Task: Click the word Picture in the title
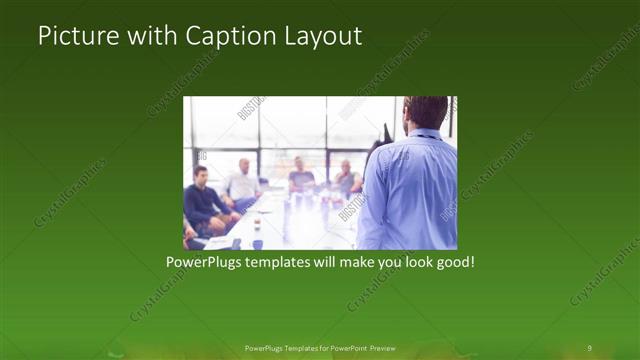coord(76,36)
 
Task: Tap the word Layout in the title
coord(322,36)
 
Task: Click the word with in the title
coord(153,36)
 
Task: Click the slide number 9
coord(589,347)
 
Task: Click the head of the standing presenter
coord(426,113)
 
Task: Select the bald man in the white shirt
coord(242,180)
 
